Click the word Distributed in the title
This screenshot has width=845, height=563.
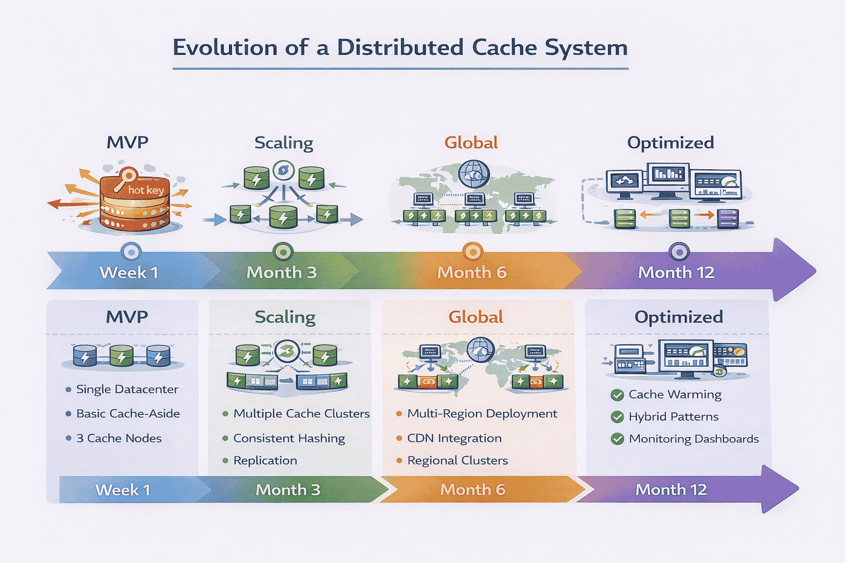[x=400, y=48]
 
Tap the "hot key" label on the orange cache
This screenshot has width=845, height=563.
[x=146, y=190]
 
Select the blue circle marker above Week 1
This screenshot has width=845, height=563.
[x=131, y=252]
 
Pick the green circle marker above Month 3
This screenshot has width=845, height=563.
[x=283, y=252]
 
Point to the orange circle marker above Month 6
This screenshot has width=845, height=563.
[x=472, y=252]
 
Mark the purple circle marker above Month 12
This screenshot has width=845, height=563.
[x=679, y=252]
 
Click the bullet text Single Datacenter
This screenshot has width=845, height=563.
[x=127, y=389]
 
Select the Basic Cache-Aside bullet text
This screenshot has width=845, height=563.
[x=128, y=413]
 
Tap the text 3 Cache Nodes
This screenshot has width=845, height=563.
[x=119, y=438]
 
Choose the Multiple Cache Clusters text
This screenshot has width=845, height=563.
[x=301, y=413]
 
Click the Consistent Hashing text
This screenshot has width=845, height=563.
[x=289, y=438]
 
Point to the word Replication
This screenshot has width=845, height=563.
[x=265, y=461]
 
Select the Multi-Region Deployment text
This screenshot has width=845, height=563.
[x=482, y=413]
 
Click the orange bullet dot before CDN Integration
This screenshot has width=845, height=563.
[x=399, y=438]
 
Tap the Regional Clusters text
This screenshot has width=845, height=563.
[x=457, y=461]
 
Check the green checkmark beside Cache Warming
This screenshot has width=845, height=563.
[x=617, y=395]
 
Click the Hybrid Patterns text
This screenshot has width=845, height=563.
[x=673, y=417]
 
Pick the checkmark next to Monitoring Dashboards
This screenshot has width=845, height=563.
[x=617, y=439]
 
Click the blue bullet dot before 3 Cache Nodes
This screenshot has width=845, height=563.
[x=68, y=438]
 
